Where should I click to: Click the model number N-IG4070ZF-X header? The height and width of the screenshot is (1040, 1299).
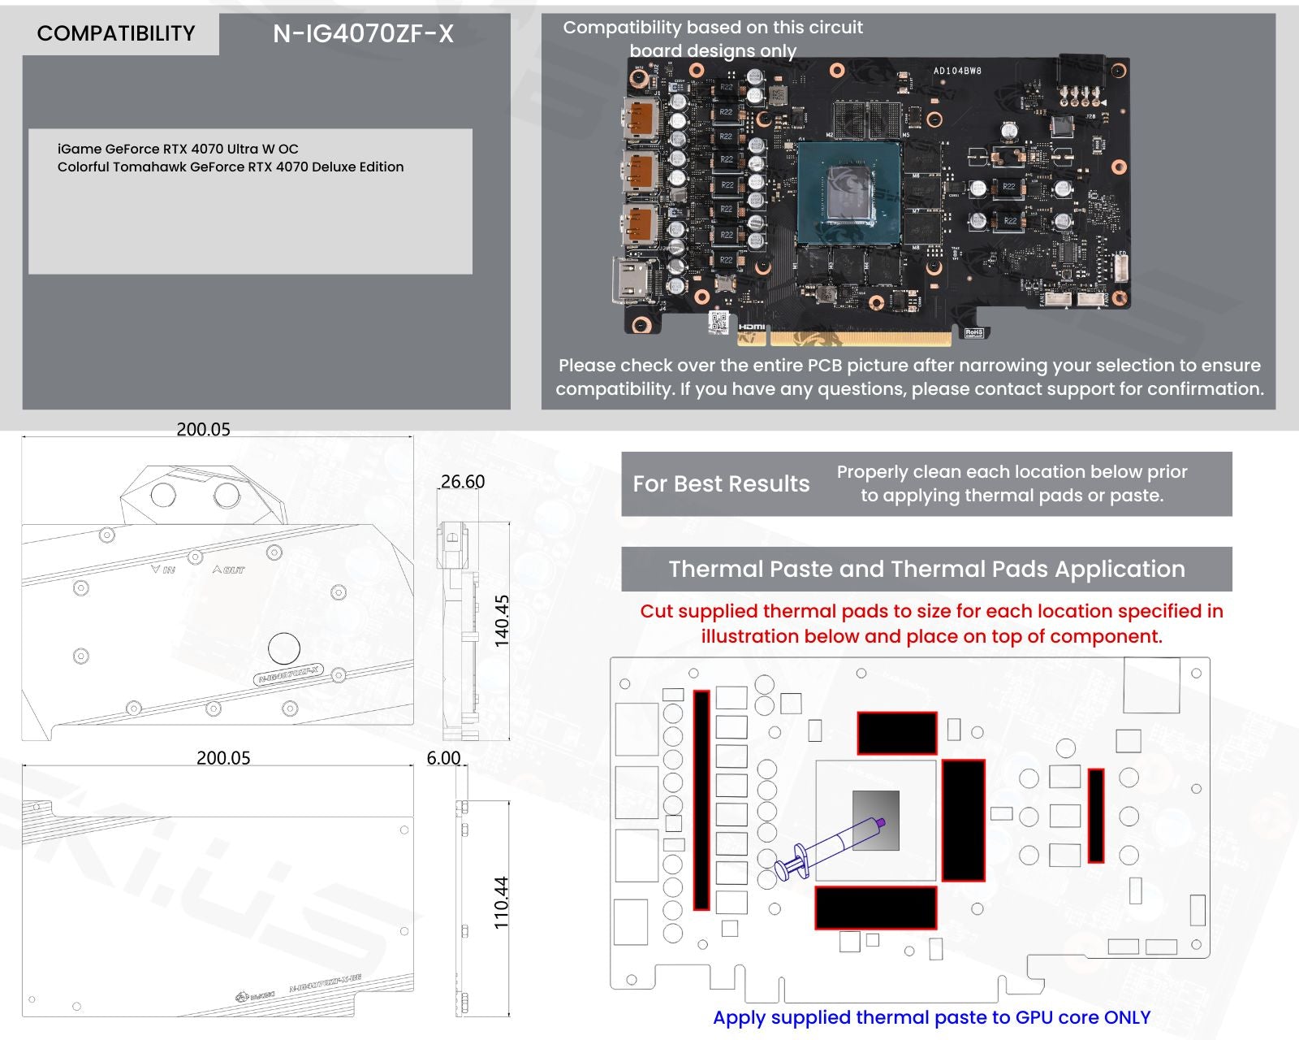tap(363, 33)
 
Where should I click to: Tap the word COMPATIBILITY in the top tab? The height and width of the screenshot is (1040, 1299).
tap(116, 33)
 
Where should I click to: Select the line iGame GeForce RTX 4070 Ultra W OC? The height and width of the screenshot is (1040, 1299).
tap(178, 149)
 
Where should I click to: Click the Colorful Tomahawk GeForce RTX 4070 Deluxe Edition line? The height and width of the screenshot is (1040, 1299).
tap(231, 167)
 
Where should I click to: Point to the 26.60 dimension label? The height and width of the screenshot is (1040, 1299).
tap(463, 482)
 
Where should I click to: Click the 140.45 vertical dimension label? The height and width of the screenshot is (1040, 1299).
tap(502, 621)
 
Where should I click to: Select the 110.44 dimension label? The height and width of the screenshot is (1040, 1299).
tap(501, 902)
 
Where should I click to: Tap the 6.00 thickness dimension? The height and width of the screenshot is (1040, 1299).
tap(443, 758)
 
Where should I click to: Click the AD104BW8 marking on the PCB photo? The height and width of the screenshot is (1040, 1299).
tap(957, 71)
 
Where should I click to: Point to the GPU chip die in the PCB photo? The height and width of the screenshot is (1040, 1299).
tap(848, 193)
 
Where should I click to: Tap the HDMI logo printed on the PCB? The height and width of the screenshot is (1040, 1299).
tap(752, 327)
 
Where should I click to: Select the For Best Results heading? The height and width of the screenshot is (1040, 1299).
tap(721, 484)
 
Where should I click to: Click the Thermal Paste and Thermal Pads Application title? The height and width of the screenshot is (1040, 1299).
tap(926, 569)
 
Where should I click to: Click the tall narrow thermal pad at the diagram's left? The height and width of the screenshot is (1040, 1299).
tap(701, 799)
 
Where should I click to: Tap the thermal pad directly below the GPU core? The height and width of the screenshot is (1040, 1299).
tap(875, 908)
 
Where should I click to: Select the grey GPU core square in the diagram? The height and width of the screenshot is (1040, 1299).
tap(876, 821)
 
